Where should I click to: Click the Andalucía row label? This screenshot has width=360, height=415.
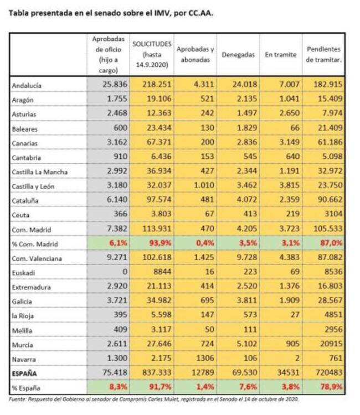click(27, 86)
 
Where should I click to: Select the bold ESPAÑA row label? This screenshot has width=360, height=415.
click(25, 373)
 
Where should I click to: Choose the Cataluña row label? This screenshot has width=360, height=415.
click(26, 200)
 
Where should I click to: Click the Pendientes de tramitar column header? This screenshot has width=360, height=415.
click(324, 55)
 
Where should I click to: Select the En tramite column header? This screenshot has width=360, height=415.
click(280, 55)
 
